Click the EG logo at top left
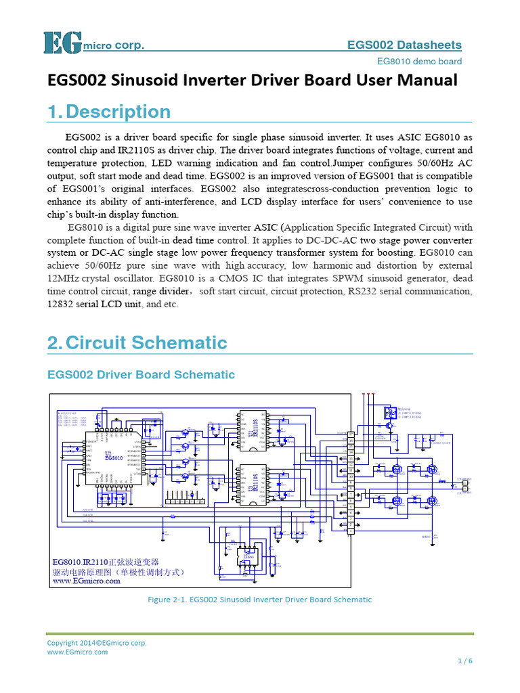(x=63, y=43)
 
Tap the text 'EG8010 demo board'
(x=419, y=62)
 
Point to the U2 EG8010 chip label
(x=114, y=457)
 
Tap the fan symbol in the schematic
(x=390, y=412)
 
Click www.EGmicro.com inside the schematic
(x=87, y=581)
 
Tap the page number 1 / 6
(x=464, y=661)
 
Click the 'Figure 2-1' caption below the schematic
(x=259, y=599)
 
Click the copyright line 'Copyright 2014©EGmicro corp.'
(x=97, y=643)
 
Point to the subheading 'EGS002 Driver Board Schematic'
(x=141, y=374)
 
